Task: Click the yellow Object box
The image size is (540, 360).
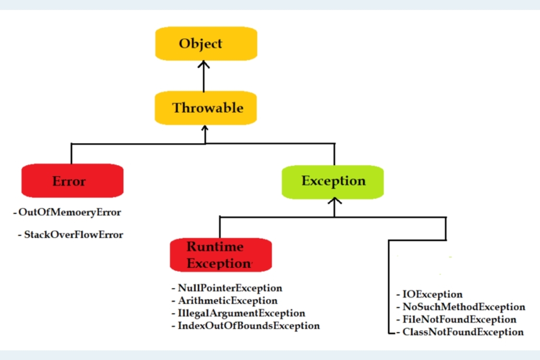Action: (206, 44)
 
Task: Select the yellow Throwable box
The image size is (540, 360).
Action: (206, 108)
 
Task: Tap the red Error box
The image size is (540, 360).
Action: (72, 181)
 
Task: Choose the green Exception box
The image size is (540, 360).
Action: (333, 181)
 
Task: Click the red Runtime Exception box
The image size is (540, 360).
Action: (221, 255)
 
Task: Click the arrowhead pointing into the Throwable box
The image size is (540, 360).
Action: (205, 129)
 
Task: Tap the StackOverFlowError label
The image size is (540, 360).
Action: (73, 235)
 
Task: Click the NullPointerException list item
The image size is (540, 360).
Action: (229, 288)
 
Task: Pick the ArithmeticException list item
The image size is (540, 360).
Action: (227, 301)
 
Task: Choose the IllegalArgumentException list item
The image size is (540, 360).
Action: (241, 313)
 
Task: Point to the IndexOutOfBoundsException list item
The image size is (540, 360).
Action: (248, 325)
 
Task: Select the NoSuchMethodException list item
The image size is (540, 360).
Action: (464, 307)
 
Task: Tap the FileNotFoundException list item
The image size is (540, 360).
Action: (459, 319)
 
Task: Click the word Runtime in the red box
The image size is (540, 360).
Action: (215, 247)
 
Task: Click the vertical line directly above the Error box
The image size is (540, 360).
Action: (71, 154)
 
